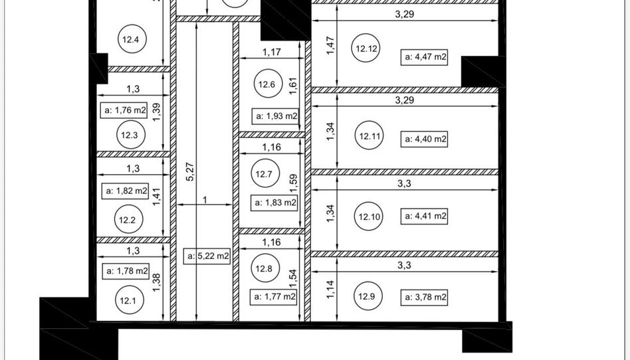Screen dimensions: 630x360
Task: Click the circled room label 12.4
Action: (132, 39)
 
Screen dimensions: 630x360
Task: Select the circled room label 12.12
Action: (366, 48)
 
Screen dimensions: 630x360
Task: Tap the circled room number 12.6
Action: (268, 84)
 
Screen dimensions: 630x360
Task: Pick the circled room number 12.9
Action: (367, 296)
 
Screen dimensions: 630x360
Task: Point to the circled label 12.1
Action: (129, 300)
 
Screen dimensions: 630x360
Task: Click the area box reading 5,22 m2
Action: (207, 256)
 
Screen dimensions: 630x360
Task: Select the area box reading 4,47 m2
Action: (424, 56)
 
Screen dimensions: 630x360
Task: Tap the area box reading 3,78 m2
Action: (424, 298)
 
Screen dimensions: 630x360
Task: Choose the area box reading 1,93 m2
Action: (275, 116)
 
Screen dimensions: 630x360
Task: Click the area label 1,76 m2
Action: (124, 110)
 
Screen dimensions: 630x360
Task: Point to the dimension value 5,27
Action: (191, 171)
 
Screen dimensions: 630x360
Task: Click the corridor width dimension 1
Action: (205, 200)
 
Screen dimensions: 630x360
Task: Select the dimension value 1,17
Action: (272, 52)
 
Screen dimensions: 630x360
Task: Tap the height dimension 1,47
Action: (330, 45)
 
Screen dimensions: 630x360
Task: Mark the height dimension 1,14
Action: (330, 290)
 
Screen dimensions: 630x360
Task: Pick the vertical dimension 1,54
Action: (293, 278)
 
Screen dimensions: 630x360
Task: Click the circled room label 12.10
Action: (368, 216)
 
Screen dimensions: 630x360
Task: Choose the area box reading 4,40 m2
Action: (424, 139)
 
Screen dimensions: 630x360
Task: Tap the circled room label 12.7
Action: (264, 173)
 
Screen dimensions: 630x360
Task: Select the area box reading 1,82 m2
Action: (126, 191)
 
